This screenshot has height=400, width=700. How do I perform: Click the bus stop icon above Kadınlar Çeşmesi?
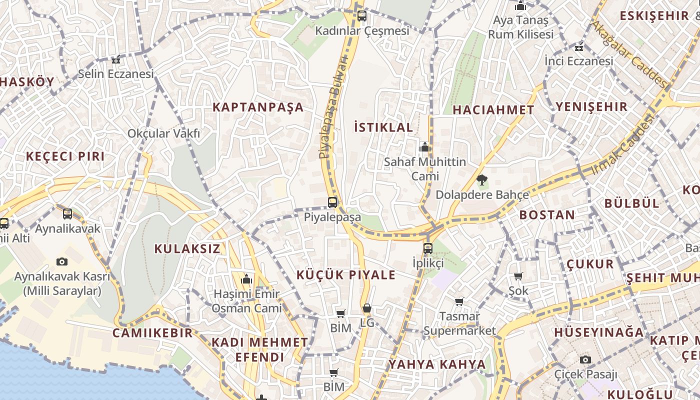click(x=362, y=16)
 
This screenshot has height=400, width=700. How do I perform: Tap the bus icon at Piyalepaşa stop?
click(x=332, y=202)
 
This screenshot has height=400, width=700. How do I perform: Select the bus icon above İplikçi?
click(x=428, y=248)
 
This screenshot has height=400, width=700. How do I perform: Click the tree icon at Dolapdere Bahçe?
click(x=482, y=180)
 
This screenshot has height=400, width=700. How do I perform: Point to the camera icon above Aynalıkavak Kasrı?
click(x=62, y=261)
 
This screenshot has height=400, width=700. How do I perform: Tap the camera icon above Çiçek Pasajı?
click(x=585, y=359)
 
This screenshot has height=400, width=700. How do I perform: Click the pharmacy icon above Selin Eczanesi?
click(x=116, y=60)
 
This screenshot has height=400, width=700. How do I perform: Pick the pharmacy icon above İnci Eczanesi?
click(x=579, y=48)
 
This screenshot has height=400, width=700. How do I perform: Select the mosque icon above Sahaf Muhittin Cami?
click(x=425, y=147)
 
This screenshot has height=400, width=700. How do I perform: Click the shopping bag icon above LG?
click(x=367, y=308)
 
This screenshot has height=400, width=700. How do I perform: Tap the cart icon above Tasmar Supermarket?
click(x=459, y=301)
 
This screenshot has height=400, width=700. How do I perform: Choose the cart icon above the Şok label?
click(x=518, y=276)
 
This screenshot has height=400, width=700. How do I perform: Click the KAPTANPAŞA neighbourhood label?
click(x=258, y=107)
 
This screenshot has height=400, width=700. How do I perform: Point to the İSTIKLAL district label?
click(x=383, y=127)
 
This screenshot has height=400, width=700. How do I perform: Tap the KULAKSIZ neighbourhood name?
click(x=187, y=248)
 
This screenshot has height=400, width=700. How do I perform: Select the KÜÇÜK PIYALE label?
click(x=346, y=274)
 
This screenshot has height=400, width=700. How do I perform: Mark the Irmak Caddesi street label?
click(x=623, y=144)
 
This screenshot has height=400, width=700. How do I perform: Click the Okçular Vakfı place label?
click(x=163, y=133)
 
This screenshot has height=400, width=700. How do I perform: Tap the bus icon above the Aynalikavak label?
click(x=67, y=214)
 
